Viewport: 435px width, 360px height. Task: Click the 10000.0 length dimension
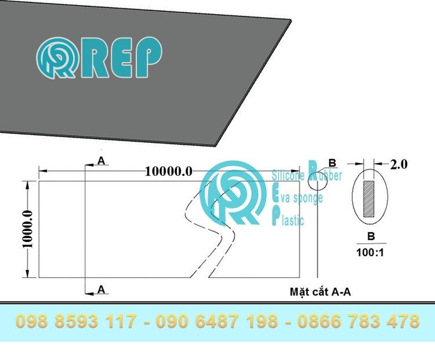click(x=169, y=171)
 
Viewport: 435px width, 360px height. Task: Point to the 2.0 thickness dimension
click(x=398, y=164)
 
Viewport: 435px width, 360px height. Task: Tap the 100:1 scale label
click(x=370, y=253)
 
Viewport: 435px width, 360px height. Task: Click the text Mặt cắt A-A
click(x=320, y=291)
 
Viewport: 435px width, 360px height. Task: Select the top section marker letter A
click(x=101, y=161)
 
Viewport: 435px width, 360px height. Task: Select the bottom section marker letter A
click(x=101, y=289)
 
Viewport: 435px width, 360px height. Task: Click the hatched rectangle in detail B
click(x=369, y=199)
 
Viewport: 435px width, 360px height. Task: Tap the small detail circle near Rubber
click(x=318, y=181)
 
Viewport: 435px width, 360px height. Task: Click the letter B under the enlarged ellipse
click(x=371, y=236)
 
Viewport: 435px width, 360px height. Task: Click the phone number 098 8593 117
click(x=76, y=321)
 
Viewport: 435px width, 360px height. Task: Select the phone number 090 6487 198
click(x=217, y=321)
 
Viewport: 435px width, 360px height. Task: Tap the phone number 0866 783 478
click(x=358, y=321)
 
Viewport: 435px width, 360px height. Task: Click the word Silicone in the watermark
click(x=288, y=175)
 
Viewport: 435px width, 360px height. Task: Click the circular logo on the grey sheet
click(x=57, y=58)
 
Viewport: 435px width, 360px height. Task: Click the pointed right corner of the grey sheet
click(x=291, y=20)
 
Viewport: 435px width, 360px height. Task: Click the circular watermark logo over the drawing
click(x=233, y=193)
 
